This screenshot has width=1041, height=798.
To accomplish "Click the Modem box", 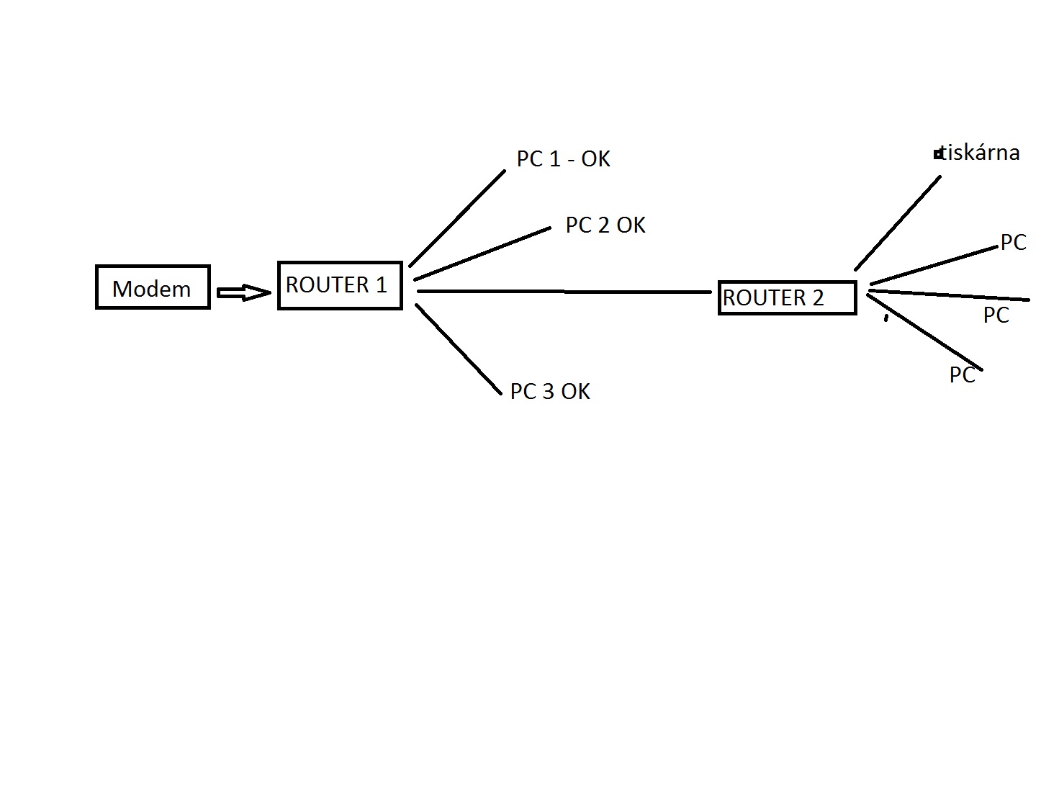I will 153,287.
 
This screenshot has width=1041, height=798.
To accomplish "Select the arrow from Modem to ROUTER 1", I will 244,292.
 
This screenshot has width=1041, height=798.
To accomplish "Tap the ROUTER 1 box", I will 340,285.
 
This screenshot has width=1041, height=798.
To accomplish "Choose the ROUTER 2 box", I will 787,297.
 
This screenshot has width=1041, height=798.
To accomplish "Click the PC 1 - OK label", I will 563,158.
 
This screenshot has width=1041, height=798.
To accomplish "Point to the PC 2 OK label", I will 605,225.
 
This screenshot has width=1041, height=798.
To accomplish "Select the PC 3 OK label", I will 549,391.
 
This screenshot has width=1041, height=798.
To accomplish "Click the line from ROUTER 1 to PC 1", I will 457,218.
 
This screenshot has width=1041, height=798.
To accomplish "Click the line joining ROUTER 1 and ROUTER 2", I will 564,292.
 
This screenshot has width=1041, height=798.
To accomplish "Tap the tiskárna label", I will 980,153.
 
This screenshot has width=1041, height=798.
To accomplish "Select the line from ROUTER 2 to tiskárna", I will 898,223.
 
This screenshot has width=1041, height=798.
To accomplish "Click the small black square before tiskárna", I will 937,154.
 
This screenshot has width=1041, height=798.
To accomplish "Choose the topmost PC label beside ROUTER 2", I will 1013,243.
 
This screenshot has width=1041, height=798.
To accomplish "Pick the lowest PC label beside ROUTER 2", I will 962,375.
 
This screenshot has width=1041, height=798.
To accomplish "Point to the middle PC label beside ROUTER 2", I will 996,315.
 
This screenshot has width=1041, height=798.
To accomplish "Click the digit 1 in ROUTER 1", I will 381,284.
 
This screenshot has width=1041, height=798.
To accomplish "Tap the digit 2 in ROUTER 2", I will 817,297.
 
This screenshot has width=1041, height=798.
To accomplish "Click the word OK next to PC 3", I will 575,391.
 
